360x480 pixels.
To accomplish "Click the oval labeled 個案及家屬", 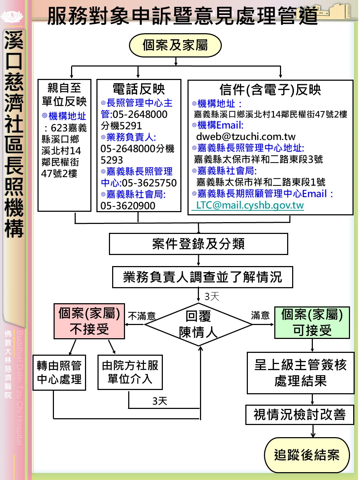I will click(x=175, y=45).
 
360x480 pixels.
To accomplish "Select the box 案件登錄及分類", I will click(x=198, y=244).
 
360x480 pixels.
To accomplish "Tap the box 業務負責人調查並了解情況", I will click(x=202, y=277).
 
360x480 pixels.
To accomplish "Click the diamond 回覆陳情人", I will click(x=198, y=324).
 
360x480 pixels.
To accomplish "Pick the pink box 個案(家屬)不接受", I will click(x=89, y=321).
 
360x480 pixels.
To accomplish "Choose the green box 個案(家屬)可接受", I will click(x=312, y=322).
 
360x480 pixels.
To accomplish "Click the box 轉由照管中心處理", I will click(x=59, y=372).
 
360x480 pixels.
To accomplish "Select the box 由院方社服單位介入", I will click(x=130, y=372).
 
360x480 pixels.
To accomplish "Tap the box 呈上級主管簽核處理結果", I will click(x=300, y=373).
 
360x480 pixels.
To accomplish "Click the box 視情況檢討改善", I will click(x=300, y=415).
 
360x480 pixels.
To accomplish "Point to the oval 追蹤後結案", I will click(x=307, y=455).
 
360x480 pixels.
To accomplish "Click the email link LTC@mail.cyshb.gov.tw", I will click(x=250, y=205).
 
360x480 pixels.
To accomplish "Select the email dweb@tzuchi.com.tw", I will click(x=246, y=136).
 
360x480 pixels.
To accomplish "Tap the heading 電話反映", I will click(x=139, y=89).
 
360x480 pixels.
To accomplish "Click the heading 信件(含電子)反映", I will click(x=270, y=90).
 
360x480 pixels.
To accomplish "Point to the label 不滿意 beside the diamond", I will click(x=142, y=316).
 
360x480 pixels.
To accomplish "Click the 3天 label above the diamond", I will click(x=212, y=296).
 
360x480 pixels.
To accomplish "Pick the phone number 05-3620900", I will click(x=128, y=206).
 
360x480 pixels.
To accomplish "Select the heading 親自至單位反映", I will click(x=64, y=95).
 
